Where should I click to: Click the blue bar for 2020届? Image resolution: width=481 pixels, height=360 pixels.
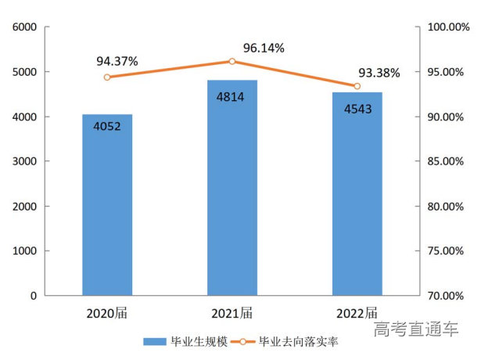click(x=107, y=205)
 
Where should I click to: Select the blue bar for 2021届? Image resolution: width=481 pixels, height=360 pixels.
click(x=232, y=188)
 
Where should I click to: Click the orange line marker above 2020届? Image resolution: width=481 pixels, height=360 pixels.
click(x=107, y=77)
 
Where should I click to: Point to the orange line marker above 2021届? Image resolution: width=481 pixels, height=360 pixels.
click(x=232, y=61)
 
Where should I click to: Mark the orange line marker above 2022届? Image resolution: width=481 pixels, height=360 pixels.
click(x=357, y=86)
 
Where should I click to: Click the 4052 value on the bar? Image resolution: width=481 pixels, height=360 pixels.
click(x=107, y=125)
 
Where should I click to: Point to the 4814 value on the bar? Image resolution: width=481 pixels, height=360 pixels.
click(x=232, y=98)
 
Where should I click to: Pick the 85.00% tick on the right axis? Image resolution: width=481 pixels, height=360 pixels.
click(x=445, y=162)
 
